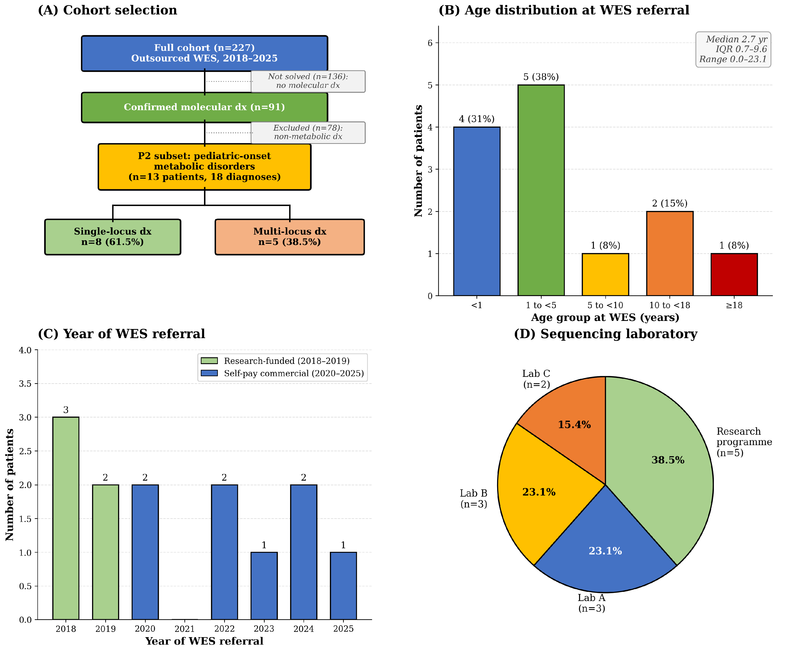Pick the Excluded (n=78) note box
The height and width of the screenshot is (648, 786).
coord(308,132)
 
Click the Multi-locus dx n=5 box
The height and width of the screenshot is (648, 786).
coord(290,237)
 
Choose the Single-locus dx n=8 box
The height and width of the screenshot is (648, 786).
coord(113,237)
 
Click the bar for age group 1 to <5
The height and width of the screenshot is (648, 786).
coord(541,190)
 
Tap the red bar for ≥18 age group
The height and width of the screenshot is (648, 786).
coord(734,275)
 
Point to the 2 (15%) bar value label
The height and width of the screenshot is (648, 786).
coord(670,204)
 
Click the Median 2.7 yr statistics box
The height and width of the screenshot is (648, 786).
coord(733,50)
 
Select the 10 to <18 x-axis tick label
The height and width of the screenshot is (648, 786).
coord(670,305)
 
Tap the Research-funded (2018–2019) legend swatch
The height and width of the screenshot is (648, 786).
coord(209,361)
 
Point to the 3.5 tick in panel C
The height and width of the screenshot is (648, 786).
coord(25,384)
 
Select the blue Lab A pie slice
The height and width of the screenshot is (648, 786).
coord(605,549)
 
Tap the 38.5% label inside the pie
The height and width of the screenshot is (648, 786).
coord(668,460)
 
